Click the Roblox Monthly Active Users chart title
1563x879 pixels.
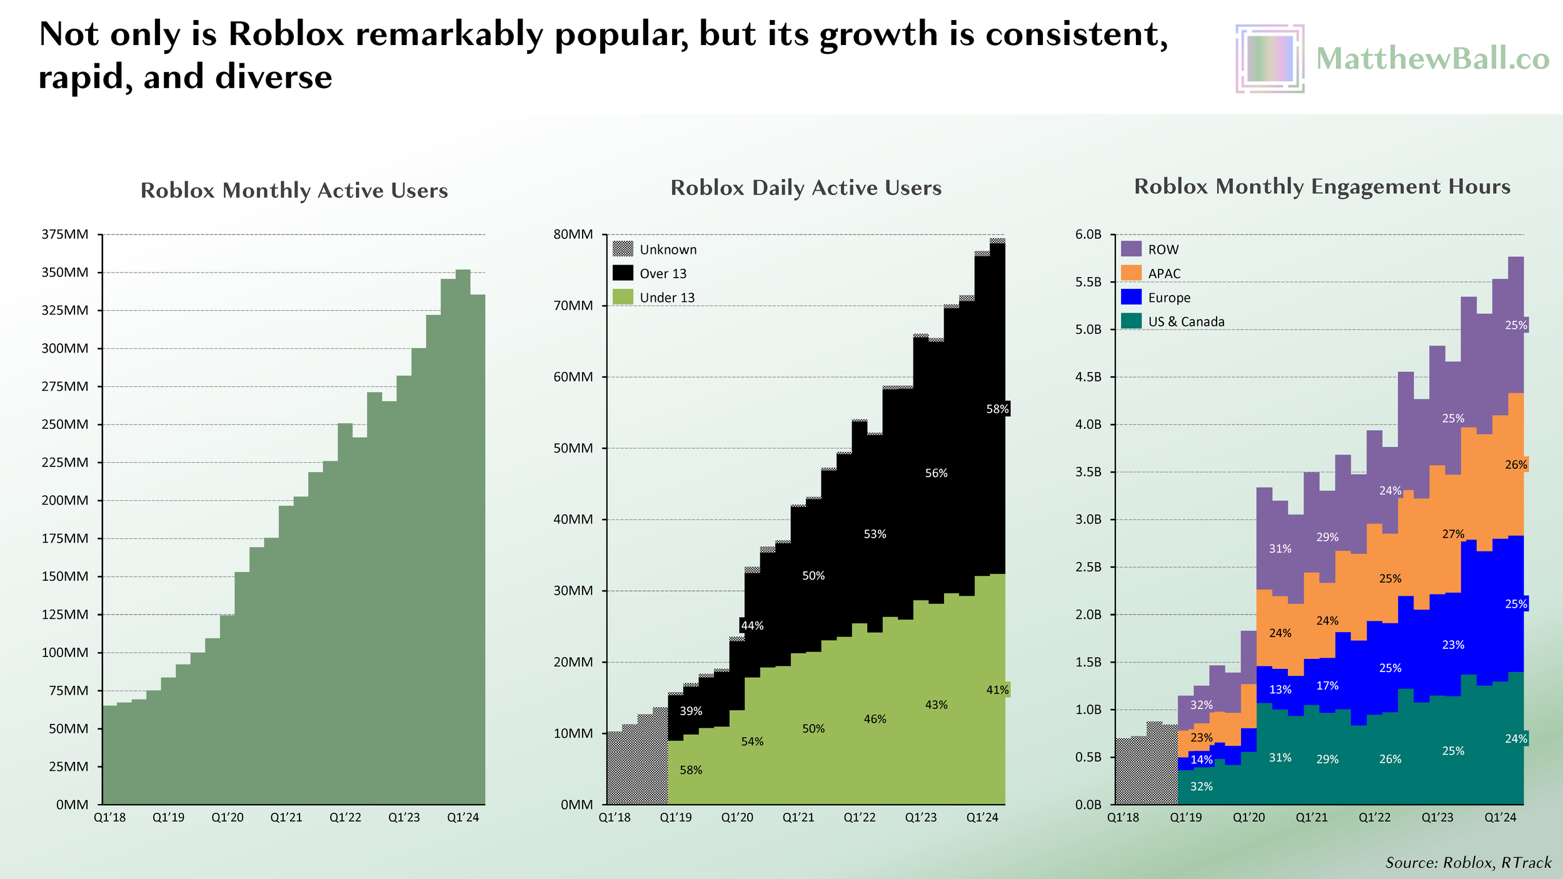tap(294, 190)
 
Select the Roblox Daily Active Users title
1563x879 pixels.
tap(806, 188)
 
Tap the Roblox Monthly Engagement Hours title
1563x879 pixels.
tap(1322, 186)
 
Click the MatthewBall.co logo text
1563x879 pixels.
tap(1432, 59)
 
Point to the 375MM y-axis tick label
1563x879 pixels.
tap(65, 234)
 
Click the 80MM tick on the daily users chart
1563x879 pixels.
tap(573, 234)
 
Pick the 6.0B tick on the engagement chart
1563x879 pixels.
tap(1088, 234)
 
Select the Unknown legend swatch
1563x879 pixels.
tap(623, 249)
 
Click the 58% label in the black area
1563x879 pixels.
tap(997, 409)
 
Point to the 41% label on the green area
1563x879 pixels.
tap(997, 690)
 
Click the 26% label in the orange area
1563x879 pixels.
tap(1515, 465)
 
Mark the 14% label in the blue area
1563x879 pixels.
tap(1201, 760)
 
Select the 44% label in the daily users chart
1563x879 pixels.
tap(752, 625)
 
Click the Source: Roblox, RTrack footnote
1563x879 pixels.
tap(1468, 863)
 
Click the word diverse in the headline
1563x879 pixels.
tap(273, 78)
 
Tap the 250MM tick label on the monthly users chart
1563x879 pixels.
tap(65, 424)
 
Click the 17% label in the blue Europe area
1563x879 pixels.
tap(1327, 686)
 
